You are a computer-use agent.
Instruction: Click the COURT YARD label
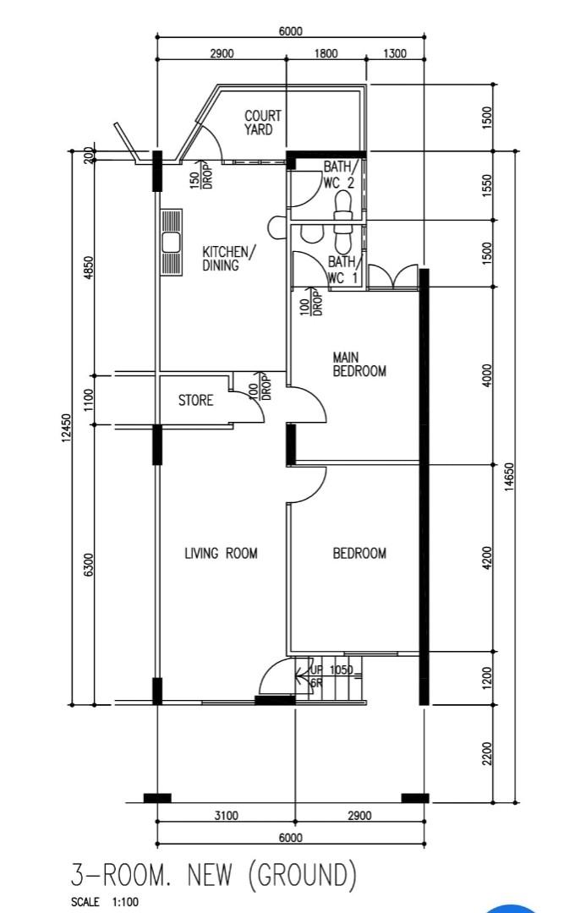[262, 123]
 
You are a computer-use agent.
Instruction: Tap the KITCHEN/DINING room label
[228, 259]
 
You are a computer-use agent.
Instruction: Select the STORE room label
[195, 400]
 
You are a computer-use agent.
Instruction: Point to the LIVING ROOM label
[221, 553]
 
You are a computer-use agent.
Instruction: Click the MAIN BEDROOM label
[359, 364]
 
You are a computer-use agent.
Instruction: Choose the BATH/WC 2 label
[339, 175]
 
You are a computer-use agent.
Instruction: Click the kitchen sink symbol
[171, 243]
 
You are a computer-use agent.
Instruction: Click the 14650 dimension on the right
[510, 478]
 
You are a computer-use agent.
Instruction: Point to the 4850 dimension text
[89, 268]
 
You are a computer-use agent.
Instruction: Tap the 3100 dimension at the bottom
[226, 816]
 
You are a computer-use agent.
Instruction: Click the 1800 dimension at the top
[326, 53]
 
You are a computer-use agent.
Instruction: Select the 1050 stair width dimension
[341, 670]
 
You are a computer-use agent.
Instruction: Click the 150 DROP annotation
[201, 175]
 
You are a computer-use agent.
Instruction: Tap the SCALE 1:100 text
[105, 902]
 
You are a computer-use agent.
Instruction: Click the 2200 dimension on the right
[488, 753]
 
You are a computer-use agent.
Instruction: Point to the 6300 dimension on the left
[89, 565]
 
